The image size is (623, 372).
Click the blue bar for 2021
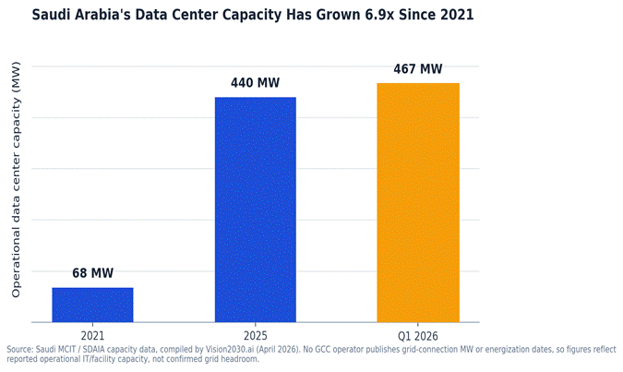[x=92, y=305]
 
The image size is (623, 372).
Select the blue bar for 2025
[x=256, y=210]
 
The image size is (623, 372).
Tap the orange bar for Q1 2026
[x=418, y=202]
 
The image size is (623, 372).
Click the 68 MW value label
[x=92, y=273]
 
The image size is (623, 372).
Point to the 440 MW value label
[x=255, y=83]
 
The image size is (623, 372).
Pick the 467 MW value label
[x=418, y=68]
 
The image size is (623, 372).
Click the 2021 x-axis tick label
[x=92, y=336]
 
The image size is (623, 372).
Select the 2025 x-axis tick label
[x=256, y=336]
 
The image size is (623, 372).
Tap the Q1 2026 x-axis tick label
[x=418, y=336]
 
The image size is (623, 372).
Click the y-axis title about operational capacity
[x=16, y=180]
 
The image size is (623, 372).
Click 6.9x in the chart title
[x=381, y=15]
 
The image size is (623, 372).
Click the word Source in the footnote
[x=20, y=349]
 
